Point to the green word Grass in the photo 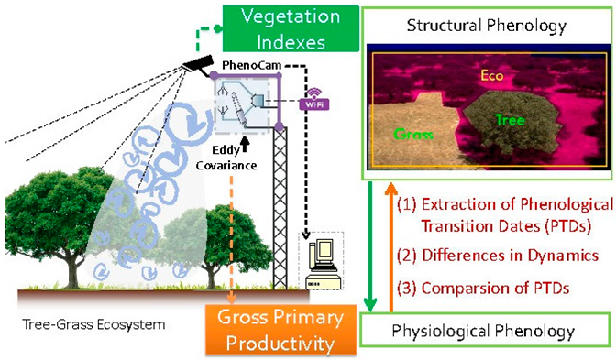[415, 136]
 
